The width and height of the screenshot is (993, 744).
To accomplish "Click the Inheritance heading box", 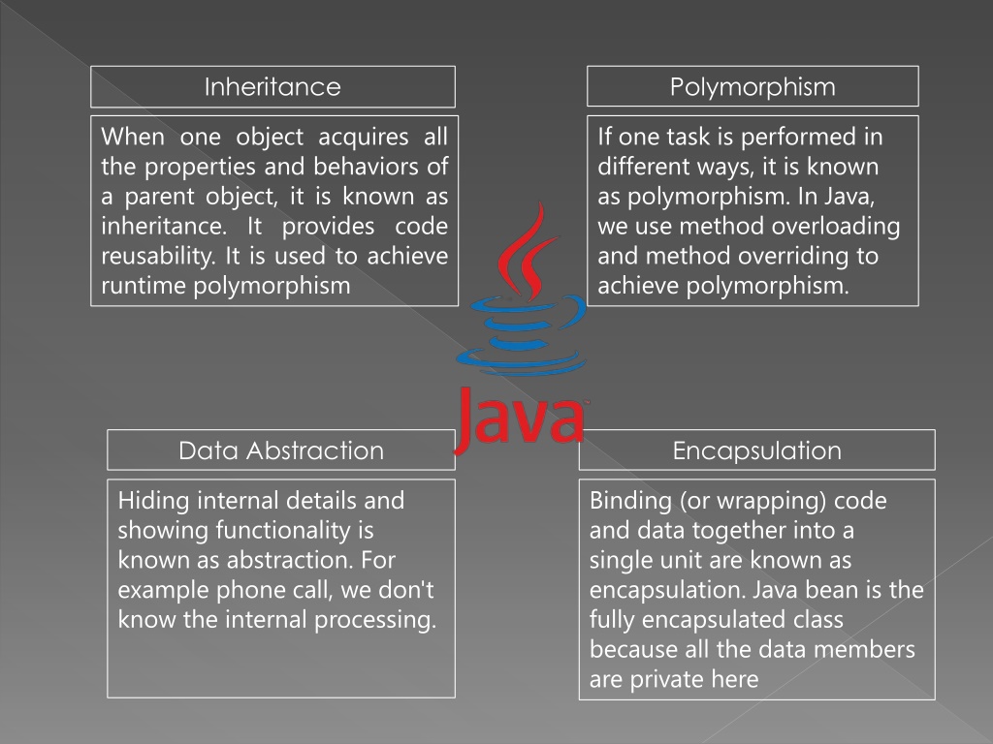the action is [272, 86].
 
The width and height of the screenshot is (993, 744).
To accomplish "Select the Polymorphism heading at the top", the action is [753, 86].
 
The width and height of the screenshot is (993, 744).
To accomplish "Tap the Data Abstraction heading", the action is [281, 449].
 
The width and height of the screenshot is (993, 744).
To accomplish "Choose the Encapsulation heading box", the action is [756, 449].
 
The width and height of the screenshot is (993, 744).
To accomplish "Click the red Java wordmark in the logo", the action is [520, 419].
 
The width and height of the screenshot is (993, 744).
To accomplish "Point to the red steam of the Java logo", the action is [529, 252].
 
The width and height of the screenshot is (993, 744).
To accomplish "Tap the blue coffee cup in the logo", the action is [522, 334].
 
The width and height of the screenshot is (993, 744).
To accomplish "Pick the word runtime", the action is [144, 286].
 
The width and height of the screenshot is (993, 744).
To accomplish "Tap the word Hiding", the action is [154, 501].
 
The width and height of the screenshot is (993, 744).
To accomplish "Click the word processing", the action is [375, 620].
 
